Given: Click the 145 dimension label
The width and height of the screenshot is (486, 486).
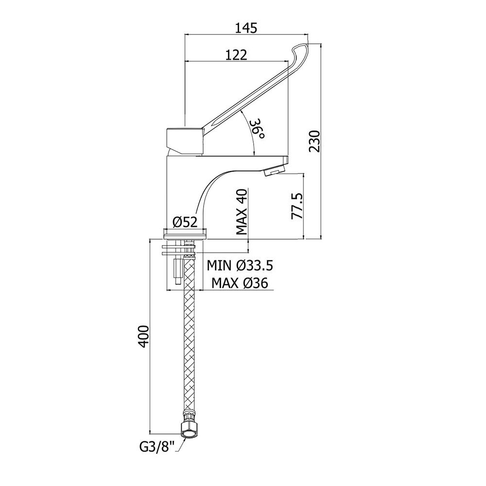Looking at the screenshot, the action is coord(246,28).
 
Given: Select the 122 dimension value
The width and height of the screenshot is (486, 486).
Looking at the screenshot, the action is coord(236,55).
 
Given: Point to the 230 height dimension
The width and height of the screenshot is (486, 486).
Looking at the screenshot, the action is coord(314,141).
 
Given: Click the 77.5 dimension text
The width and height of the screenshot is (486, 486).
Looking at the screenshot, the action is coord(296,206).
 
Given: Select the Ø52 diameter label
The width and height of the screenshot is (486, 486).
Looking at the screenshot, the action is coord(185,222).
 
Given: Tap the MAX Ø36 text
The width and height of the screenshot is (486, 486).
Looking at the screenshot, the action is coord(240,282).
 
